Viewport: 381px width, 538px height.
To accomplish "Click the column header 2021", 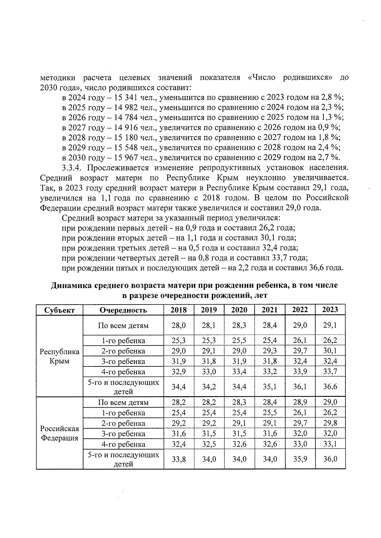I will tap(270, 310).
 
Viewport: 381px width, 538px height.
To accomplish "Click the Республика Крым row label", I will tap(60, 356).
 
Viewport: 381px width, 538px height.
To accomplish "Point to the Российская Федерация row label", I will tap(60, 433).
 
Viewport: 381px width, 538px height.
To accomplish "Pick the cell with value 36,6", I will tap(330, 386).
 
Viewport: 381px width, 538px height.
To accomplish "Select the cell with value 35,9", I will tap(300, 459).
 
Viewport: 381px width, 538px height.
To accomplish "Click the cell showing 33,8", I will tap(179, 459).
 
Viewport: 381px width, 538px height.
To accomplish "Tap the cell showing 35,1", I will tap(270, 386).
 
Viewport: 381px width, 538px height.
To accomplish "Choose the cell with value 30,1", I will tap(330, 351).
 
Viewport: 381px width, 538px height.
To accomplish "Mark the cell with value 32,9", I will tap(179, 371).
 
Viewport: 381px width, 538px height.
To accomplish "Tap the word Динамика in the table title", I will tap(71, 285).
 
